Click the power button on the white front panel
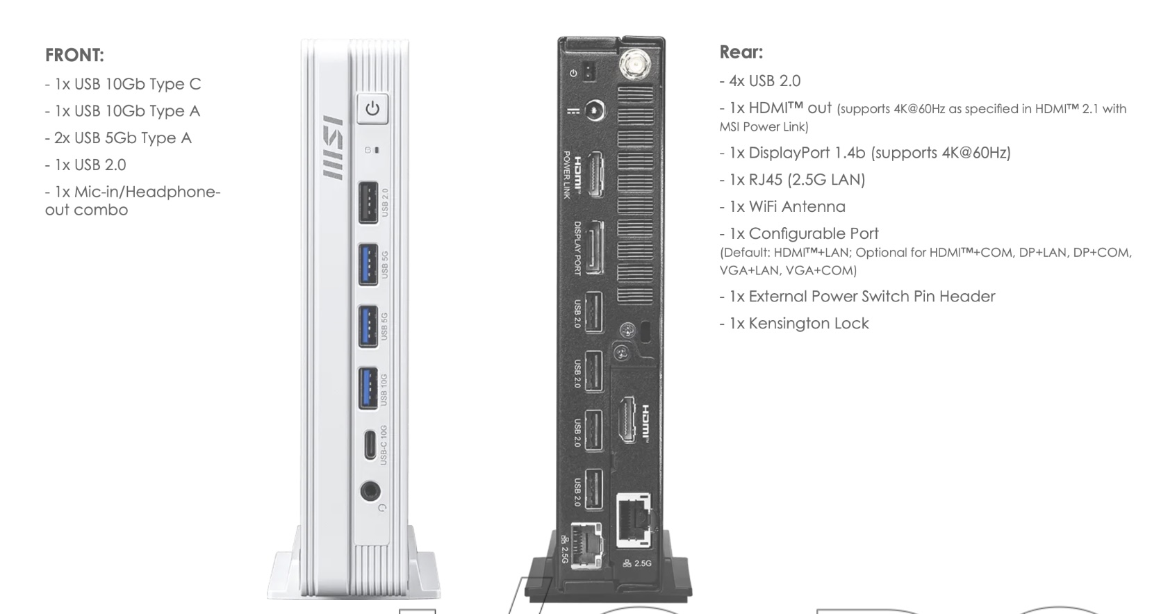(x=372, y=108)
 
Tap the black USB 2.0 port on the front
(x=368, y=202)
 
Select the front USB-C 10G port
(x=370, y=445)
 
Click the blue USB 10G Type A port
(x=368, y=388)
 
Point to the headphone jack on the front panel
(x=370, y=491)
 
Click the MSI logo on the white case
(x=333, y=147)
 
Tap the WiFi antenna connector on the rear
(x=635, y=65)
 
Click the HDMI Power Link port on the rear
(x=595, y=175)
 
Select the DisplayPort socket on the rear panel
(x=595, y=248)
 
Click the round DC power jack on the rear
(x=595, y=110)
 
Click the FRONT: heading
(x=74, y=55)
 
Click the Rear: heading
(x=741, y=52)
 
